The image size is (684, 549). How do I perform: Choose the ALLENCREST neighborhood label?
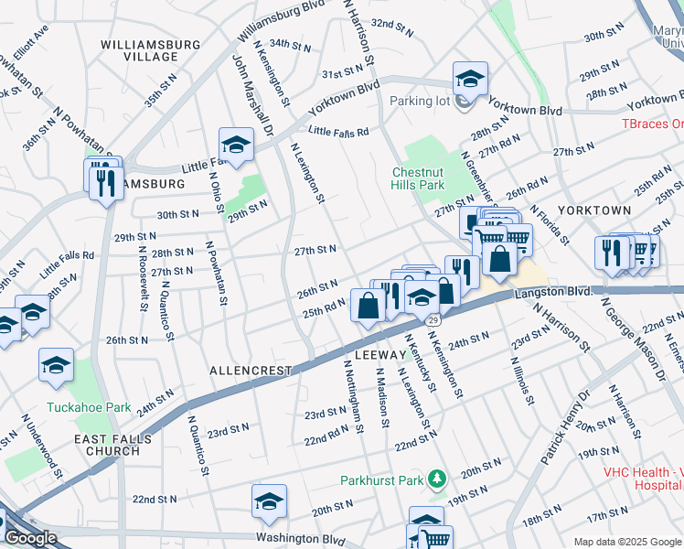pyautogui.click(x=251, y=371)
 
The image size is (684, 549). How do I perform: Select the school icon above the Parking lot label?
pyautogui.click(x=470, y=79)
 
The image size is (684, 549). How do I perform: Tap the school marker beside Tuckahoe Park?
pyautogui.click(x=56, y=365)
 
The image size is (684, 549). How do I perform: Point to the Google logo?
pyautogui.click(x=30, y=538)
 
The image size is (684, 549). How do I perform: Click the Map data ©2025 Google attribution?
pyautogui.click(x=626, y=542)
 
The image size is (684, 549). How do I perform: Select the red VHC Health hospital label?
pyautogui.click(x=643, y=479)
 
